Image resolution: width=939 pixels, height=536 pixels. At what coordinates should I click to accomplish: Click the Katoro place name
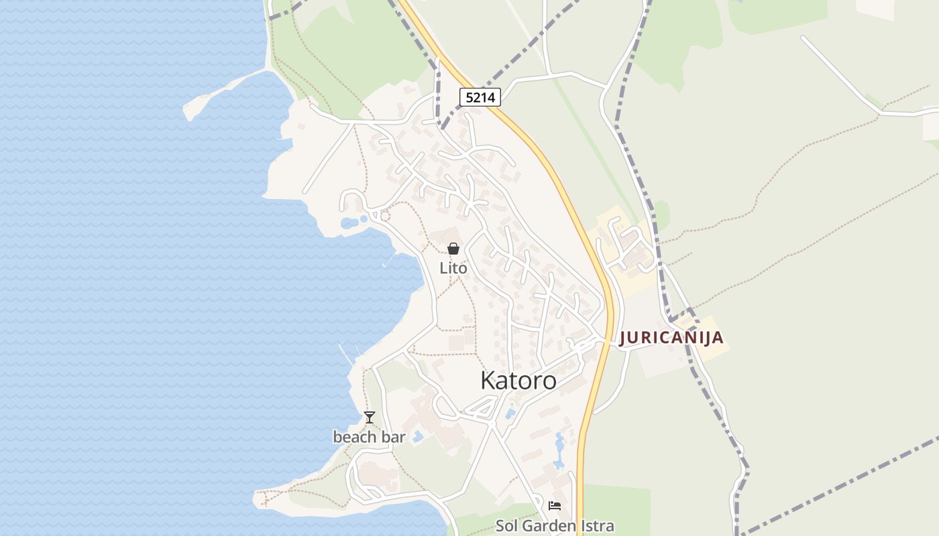click(518, 381)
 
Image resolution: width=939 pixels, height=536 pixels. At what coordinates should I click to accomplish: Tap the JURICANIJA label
click(671, 338)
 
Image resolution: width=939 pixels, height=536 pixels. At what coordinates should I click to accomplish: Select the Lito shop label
click(453, 268)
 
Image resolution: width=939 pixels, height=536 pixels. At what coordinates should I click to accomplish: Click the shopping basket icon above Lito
click(453, 249)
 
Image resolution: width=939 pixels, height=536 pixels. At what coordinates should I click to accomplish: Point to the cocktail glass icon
click(369, 417)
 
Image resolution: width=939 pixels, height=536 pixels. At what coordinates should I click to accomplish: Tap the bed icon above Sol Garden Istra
click(554, 505)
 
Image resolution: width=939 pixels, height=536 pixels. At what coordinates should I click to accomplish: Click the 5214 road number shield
click(480, 97)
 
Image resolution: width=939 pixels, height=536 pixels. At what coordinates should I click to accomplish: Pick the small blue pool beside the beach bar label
click(417, 437)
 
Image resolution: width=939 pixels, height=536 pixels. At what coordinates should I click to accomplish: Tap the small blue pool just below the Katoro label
click(510, 413)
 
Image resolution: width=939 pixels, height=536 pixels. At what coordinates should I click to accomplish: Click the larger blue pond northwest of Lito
click(349, 223)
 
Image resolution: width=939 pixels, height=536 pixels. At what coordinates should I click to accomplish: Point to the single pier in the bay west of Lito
click(390, 259)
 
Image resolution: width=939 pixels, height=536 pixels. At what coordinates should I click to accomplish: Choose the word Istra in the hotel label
click(596, 526)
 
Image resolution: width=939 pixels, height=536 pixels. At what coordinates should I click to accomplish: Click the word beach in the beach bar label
click(353, 438)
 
